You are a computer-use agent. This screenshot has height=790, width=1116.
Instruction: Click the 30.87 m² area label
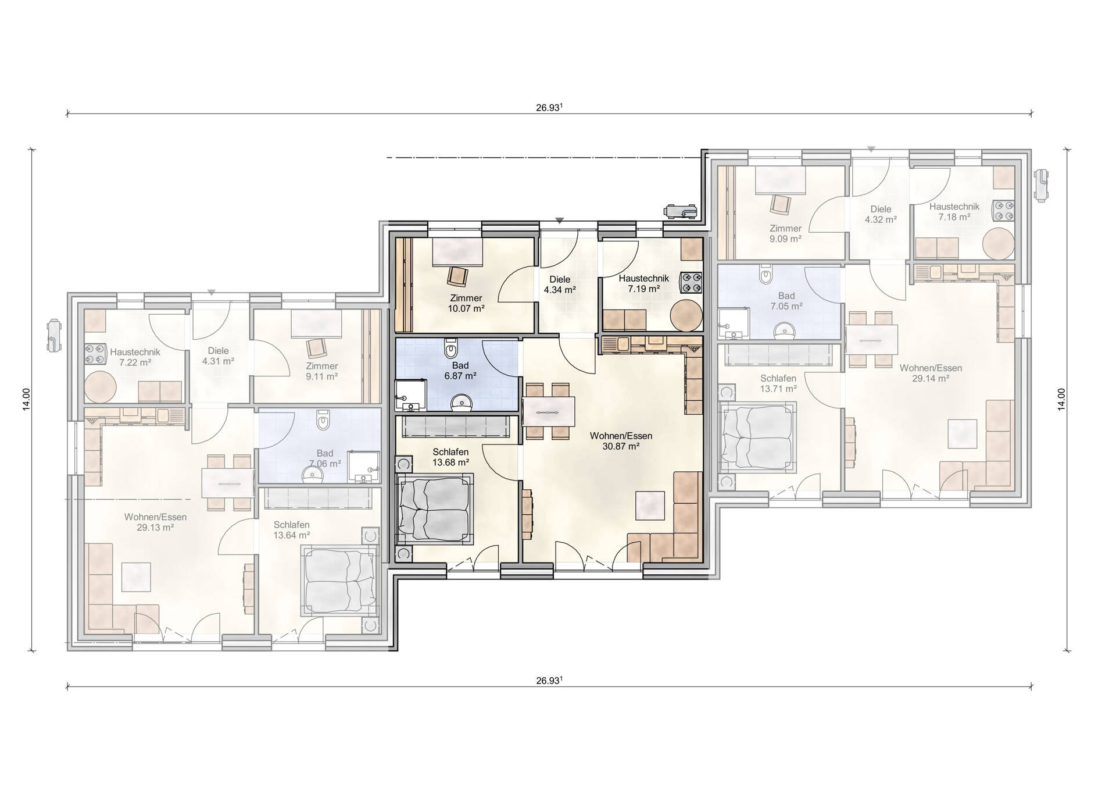click(x=621, y=447)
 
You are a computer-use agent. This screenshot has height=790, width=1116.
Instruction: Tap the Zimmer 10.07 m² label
click(x=466, y=304)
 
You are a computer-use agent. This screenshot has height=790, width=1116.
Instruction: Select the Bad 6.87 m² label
click(x=460, y=371)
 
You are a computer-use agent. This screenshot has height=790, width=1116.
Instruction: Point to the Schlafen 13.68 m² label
click(x=450, y=457)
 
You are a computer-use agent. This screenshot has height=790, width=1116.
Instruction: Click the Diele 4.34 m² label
click(x=560, y=284)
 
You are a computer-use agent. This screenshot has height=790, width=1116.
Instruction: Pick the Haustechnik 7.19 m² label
click(x=644, y=283)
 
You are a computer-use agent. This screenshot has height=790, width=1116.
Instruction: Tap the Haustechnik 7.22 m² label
click(x=135, y=357)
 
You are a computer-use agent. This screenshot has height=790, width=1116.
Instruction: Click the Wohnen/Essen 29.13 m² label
click(x=155, y=522)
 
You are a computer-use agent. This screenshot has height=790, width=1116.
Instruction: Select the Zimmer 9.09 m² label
click(x=785, y=233)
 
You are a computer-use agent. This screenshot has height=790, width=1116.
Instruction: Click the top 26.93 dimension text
click(x=549, y=108)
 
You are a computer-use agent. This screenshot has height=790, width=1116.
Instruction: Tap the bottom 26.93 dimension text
click(x=549, y=681)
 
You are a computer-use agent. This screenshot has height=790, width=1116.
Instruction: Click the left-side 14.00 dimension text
click(x=26, y=400)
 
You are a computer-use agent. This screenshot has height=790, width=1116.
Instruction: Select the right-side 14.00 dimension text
click(x=1061, y=400)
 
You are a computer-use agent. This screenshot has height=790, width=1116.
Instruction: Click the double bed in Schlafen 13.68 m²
click(x=434, y=509)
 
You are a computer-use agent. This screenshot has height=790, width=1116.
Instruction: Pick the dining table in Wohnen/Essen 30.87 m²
click(x=549, y=412)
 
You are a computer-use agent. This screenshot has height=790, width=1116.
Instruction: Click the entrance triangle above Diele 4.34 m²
click(x=559, y=220)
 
